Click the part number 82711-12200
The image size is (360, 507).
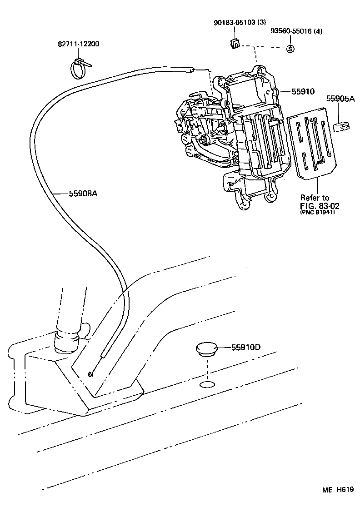(x=79, y=45)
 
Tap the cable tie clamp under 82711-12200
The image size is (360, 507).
(x=80, y=68)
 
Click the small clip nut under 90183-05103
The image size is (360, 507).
(x=235, y=44)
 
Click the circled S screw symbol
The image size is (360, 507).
(x=290, y=49)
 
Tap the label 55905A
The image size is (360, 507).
(x=340, y=98)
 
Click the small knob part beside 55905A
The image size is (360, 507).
(x=340, y=126)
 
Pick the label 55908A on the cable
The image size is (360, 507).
(x=83, y=193)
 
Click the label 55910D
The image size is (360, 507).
(x=245, y=348)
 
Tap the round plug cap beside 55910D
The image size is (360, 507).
(x=207, y=349)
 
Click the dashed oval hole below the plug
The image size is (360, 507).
(x=207, y=386)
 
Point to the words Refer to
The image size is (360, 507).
(x=315, y=198)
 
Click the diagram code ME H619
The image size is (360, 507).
(x=338, y=489)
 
